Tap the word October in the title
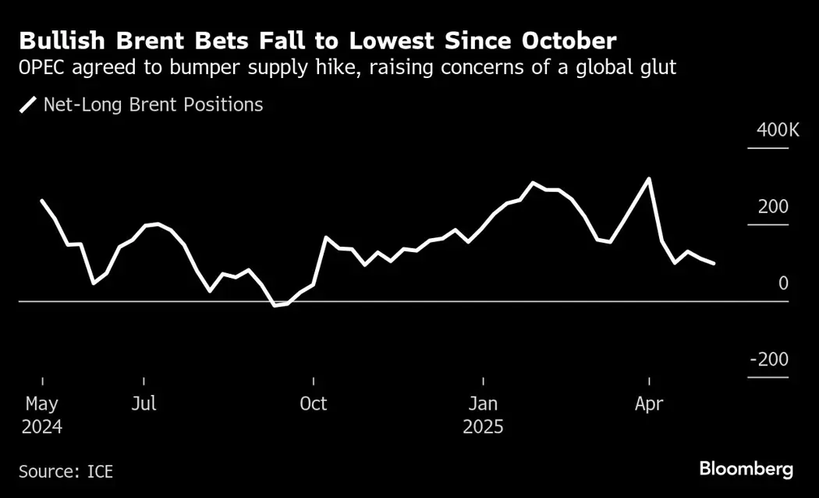560,41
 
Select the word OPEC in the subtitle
43,69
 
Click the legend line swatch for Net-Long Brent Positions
29,105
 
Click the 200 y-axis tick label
773,207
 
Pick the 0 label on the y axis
783,283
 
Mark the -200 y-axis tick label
768,360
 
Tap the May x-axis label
42,404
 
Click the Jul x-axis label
144,404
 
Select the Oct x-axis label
314,404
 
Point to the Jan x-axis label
484,404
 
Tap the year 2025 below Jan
484,428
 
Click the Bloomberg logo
746,469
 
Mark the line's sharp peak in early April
649,179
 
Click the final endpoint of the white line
714,264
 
